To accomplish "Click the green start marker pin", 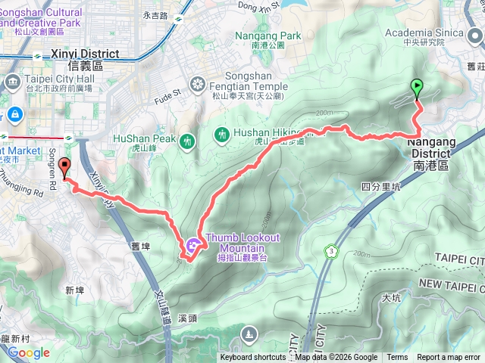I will pyautogui.click(x=416, y=89).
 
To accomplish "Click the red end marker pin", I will pyautogui.click(x=64, y=169).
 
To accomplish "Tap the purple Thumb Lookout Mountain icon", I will pyautogui.click(x=192, y=244).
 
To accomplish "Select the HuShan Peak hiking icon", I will pyautogui.click(x=187, y=139).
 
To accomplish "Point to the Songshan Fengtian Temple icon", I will pyautogui.click(x=199, y=83).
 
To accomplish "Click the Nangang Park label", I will pyautogui.click(x=268, y=36).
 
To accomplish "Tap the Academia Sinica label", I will pyautogui.click(x=424, y=33).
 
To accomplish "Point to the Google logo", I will pyautogui.click(x=28, y=352).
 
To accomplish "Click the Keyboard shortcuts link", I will pyautogui.click(x=253, y=358).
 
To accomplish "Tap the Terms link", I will pyautogui.click(x=397, y=358).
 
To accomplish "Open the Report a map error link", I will pyautogui.click(x=449, y=358).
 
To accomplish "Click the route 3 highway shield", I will pyautogui.click(x=331, y=250).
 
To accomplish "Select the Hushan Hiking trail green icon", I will pyautogui.click(x=222, y=134).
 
